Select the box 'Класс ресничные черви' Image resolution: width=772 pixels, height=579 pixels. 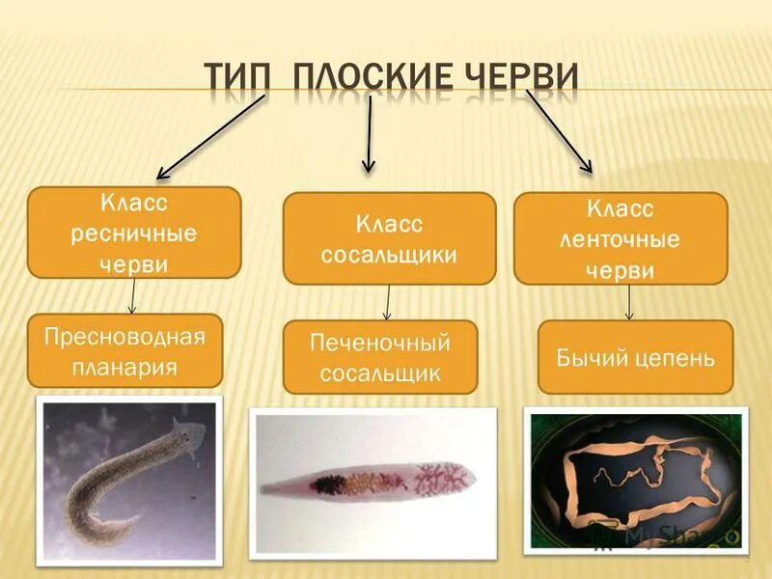coord(134,233)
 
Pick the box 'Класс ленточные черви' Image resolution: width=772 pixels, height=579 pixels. coord(620,238)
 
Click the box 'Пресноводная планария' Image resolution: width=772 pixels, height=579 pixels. coord(124,350)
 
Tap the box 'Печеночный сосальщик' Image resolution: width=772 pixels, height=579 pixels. coord(380,357)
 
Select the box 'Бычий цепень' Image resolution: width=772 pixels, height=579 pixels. coord(635,358)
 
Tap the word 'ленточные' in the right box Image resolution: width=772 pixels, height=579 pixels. coord(620,239)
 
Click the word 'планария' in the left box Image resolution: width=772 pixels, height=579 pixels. coord(124,368)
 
